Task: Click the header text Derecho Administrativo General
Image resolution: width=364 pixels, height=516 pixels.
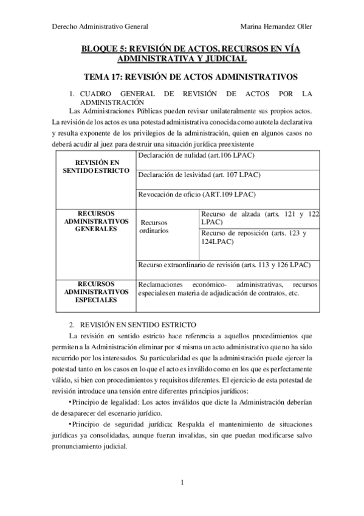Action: pos(101,26)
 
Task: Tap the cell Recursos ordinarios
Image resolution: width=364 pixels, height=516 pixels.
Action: pos(159,227)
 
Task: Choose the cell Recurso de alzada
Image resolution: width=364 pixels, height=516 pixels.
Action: pos(259,218)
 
